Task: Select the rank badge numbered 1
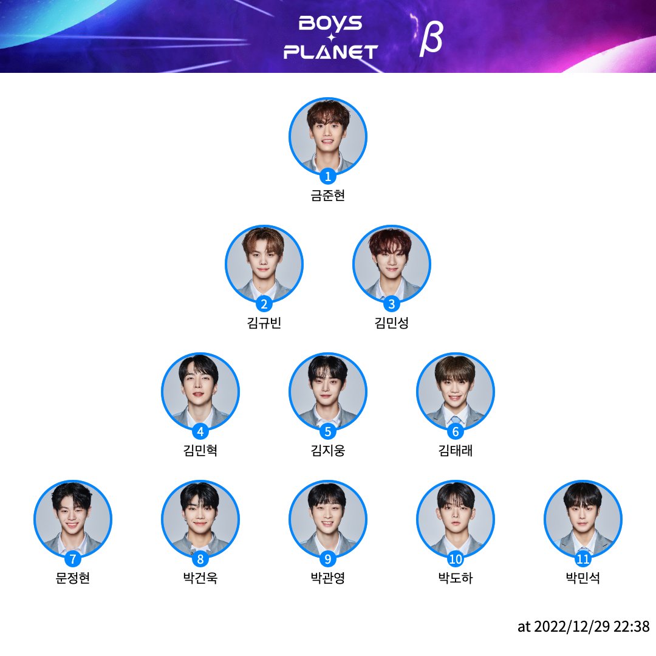pos(328,177)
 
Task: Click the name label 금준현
pos(328,196)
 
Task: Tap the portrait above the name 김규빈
pos(264,264)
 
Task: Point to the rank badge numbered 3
pos(392,304)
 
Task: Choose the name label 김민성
pos(392,323)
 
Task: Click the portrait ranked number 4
pos(200,392)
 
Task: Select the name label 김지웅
pos(328,451)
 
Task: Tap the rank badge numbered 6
pos(456,432)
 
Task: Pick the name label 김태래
pos(456,451)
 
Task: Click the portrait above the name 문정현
pos(73,519)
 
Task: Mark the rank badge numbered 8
pos(200,559)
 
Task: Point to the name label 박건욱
pos(200,578)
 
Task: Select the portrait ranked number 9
pos(328,519)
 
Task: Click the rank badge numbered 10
pos(456,559)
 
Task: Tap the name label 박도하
pos(456,578)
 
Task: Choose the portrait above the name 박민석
pos(583,519)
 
